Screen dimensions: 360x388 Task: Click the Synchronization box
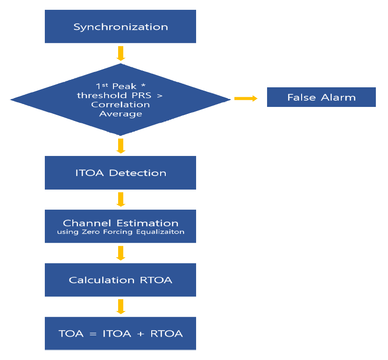120,27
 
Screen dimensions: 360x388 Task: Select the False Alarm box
321,98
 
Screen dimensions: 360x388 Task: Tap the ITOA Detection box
120,173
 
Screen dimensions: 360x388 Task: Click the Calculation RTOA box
120,280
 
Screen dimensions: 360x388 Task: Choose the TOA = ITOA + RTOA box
120,333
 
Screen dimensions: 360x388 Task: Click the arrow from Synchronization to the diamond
120,53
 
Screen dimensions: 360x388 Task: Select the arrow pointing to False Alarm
246,98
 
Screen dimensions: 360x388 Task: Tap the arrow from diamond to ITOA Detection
120,145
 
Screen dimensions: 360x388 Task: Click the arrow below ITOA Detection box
120,199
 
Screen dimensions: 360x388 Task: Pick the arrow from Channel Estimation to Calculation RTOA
120,253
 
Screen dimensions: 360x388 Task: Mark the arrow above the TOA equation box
120,306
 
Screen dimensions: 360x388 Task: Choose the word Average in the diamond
120,113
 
